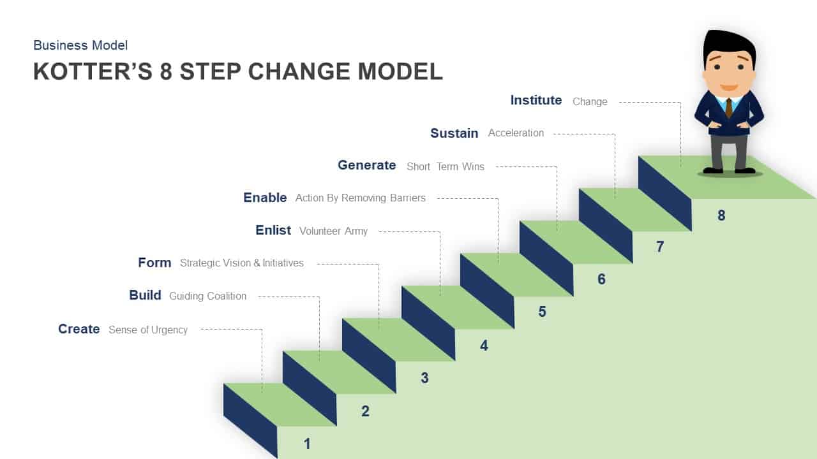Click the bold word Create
(79, 329)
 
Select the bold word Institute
(536, 100)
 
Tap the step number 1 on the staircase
(307, 443)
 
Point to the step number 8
(721, 215)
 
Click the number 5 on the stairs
(542, 312)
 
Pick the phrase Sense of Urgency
(148, 330)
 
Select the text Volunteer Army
(333, 231)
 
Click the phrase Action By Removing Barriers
(360, 198)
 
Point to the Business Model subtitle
(80, 45)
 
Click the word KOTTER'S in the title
(93, 71)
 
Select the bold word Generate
(366, 165)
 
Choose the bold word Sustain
(454, 133)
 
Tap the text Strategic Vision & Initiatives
(242, 263)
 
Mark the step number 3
(424, 378)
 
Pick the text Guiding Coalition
(207, 296)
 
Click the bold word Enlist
(273, 230)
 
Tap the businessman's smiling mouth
(729, 87)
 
